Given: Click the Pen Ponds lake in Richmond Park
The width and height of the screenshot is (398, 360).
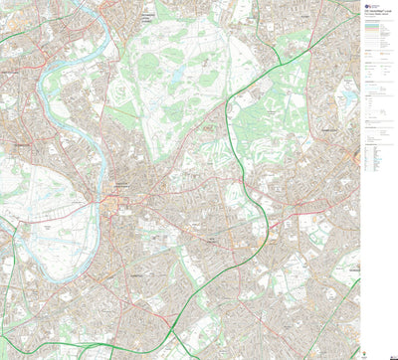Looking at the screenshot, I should (x=177, y=76).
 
